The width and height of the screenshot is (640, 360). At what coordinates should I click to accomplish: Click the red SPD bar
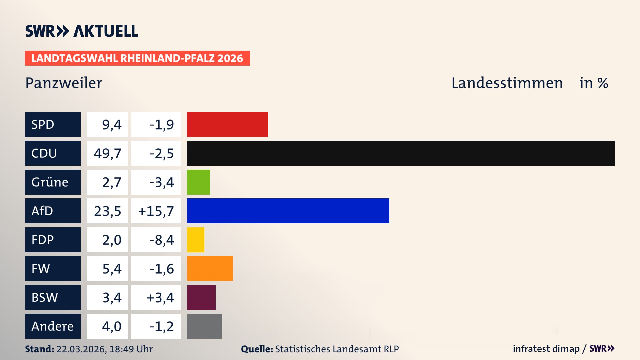pos(227,124)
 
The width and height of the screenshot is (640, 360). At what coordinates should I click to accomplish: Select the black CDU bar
pos(401,153)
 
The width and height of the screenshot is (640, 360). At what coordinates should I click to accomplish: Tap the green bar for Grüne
pos(198,182)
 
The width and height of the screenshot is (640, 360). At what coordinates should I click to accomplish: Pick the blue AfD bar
pos(288,211)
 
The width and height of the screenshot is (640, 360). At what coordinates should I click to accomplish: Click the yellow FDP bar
pos(195,240)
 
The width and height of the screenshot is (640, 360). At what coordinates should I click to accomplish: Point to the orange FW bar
pos(210,268)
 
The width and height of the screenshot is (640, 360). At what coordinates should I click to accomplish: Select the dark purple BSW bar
pos(201,297)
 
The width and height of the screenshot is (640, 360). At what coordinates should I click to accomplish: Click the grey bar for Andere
pos(204,326)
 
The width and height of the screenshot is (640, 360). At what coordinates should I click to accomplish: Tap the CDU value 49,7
pos(107,153)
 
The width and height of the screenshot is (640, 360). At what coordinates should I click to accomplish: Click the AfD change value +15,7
pos(156,211)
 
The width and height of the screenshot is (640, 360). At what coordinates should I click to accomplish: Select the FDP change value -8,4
pos(162,240)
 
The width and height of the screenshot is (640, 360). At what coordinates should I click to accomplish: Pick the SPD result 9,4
pos(112,125)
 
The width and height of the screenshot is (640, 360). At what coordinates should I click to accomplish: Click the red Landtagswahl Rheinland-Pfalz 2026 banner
pos(137,58)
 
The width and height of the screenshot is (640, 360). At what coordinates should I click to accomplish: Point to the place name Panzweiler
pos(64,83)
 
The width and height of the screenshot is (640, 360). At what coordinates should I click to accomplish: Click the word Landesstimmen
pos(507,83)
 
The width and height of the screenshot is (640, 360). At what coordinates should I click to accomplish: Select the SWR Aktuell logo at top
pos(82,31)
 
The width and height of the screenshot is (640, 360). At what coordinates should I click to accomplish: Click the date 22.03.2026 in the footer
pos(81,349)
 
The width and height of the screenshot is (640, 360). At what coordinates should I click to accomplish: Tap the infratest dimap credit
pos(546,349)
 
